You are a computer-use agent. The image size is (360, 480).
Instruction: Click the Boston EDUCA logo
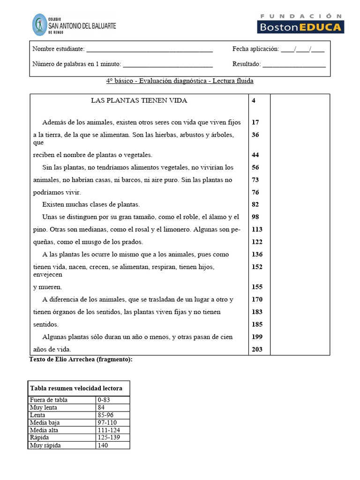[x=300, y=23]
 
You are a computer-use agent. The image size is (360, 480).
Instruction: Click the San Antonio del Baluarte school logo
[x=74, y=24]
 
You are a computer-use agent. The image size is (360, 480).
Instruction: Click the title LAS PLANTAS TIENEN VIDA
[x=139, y=100]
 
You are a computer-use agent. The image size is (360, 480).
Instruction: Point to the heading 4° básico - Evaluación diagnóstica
[x=180, y=81]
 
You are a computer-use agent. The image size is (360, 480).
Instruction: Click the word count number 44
[x=255, y=155]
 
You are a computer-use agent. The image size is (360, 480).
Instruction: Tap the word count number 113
[x=257, y=229]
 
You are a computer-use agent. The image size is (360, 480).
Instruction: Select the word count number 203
[x=257, y=349]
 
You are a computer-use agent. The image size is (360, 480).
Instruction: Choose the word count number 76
[x=255, y=192]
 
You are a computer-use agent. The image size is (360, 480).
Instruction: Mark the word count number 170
[x=257, y=299]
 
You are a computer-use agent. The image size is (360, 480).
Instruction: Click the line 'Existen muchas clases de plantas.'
[x=91, y=204]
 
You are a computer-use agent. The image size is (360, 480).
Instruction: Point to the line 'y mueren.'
[x=47, y=287]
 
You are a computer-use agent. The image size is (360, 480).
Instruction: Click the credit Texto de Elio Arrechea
[x=81, y=360]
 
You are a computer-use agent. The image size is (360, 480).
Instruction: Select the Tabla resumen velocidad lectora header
[x=76, y=388]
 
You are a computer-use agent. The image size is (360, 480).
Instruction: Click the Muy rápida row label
[x=45, y=445]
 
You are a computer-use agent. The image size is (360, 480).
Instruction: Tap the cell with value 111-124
[x=109, y=430]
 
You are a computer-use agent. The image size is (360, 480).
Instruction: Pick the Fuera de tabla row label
[x=49, y=400]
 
